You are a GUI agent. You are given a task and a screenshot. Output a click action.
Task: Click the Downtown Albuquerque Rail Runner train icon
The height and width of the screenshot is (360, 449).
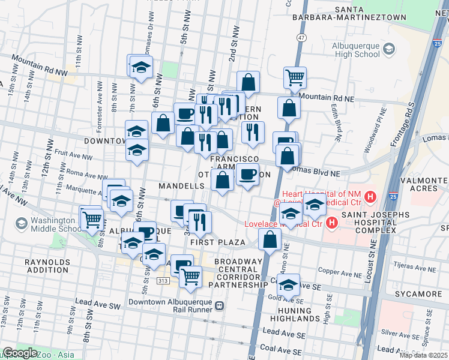pyautogui.click(x=220, y=305)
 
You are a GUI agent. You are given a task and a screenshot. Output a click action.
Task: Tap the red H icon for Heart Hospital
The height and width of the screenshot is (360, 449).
pyautogui.click(x=370, y=196)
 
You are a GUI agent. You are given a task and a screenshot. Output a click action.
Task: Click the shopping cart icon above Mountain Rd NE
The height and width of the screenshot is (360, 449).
pyautogui.click(x=295, y=76)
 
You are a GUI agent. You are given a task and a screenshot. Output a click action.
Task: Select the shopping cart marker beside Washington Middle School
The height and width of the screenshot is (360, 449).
pyautogui.click(x=92, y=219)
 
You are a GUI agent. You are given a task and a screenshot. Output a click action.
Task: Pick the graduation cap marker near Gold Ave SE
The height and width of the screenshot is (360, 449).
pyautogui.click(x=289, y=284)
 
